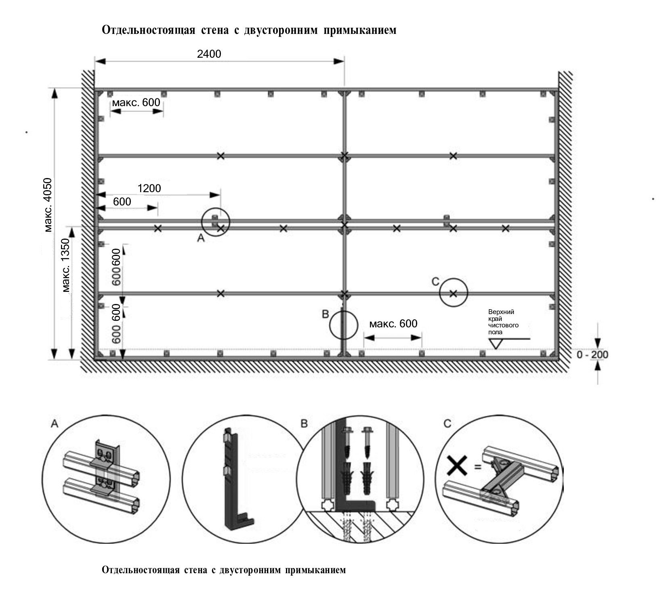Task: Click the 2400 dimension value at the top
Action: (x=209, y=54)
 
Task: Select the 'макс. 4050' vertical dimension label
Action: (x=48, y=205)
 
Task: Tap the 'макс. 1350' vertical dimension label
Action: (x=66, y=265)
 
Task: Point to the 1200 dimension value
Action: (x=149, y=188)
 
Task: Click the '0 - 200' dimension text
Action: (x=592, y=355)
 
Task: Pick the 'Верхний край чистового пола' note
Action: (x=503, y=322)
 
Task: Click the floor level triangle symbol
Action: (x=495, y=344)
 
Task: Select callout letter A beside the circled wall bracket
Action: (x=201, y=239)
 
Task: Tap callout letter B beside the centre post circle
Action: (x=326, y=314)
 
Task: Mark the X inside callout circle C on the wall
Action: (x=453, y=293)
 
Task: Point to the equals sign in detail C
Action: (x=478, y=467)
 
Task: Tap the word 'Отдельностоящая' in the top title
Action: (x=149, y=30)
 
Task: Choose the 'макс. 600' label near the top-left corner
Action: (x=136, y=103)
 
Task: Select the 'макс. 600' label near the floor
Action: (x=393, y=324)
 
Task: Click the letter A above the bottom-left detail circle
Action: (x=55, y=423)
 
